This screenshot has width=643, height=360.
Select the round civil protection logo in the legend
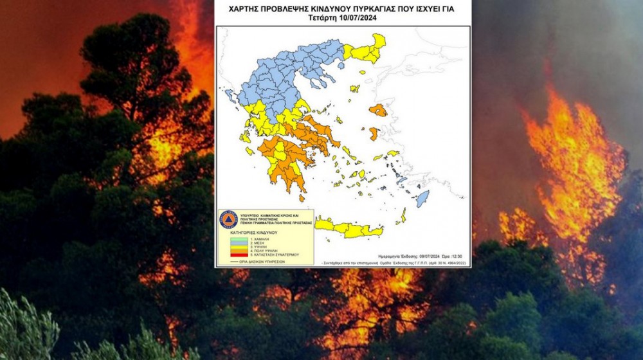coord(228,219)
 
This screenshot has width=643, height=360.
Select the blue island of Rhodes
coord(422,199)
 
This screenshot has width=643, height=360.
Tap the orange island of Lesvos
coord(379,110)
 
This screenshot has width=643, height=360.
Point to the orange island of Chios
coord(374,134)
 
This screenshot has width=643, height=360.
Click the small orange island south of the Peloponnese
coord(302,198)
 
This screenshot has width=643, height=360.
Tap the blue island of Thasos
coord(340,65)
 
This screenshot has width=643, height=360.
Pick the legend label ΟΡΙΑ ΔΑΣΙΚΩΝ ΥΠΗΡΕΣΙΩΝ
coord(262,262)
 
